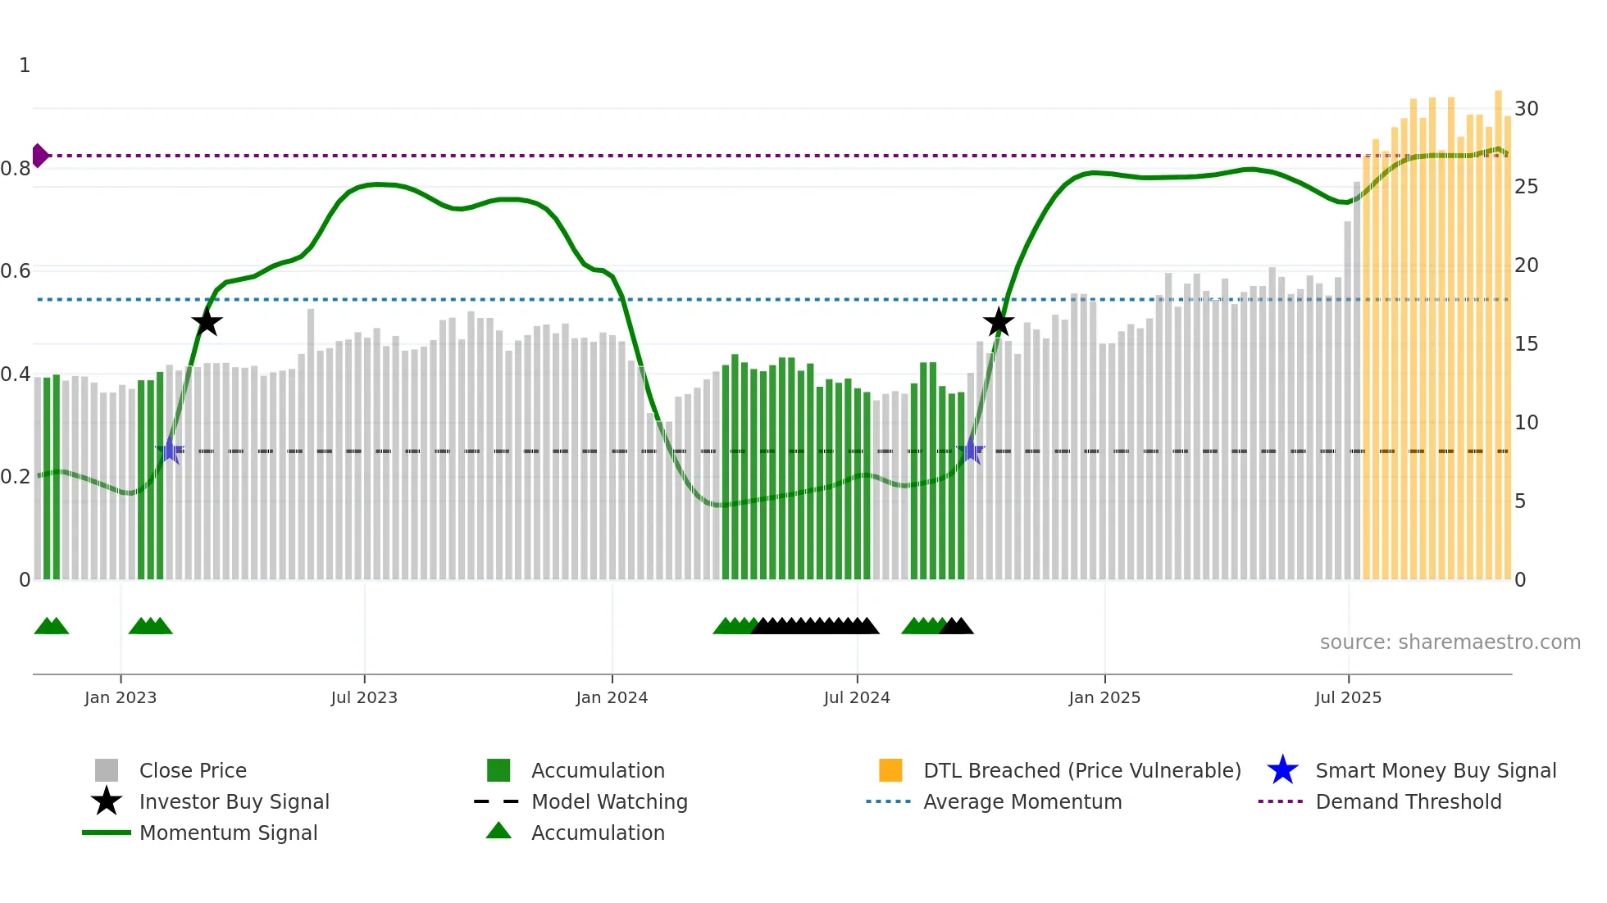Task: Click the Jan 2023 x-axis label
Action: [121, 697]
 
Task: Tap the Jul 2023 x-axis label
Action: [364, 697]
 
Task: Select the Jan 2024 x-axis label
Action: [612, 697]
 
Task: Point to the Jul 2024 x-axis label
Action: [857, 697]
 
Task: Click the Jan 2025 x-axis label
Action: [1104, 697]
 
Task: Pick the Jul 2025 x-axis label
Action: [1348, 697]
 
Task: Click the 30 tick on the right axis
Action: [1526, 109]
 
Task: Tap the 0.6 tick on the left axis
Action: [16, 271]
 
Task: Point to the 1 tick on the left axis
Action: [25, 66]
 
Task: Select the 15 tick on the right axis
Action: [1526, 344]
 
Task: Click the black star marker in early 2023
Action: [207, 322]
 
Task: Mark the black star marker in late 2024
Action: [998, 322]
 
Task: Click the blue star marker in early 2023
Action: [170, 450]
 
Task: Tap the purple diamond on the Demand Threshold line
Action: [39, 156]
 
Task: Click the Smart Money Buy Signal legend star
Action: [1282, 770]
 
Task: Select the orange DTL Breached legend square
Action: [890, 770]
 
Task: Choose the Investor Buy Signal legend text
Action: [234, 801]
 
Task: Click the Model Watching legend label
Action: [609, 801]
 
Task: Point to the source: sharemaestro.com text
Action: [1450, 642]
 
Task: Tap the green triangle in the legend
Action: [498, 831]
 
